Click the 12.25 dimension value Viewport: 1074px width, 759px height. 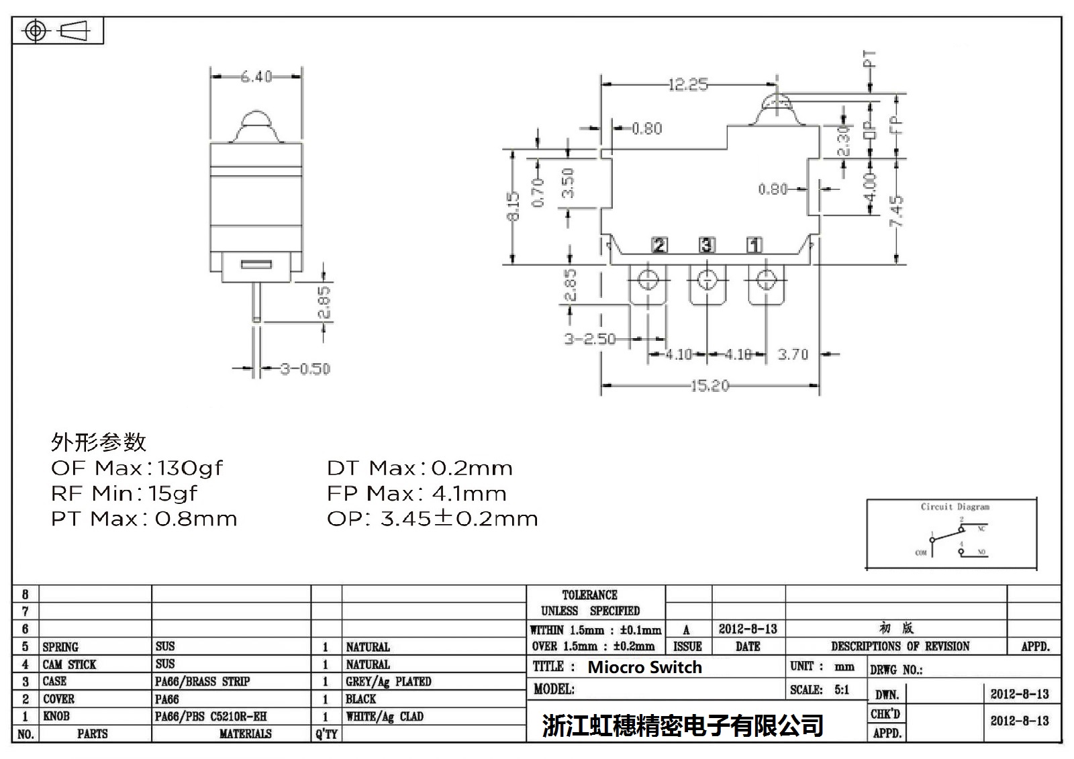click(x=688, y=85)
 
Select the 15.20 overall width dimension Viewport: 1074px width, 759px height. click(x=710, y=386)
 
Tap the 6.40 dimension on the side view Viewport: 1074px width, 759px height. click(x=256, y=77)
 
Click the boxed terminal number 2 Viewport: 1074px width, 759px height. click(x=660, y=245)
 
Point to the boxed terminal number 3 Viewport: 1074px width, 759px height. click(x=707, y=245)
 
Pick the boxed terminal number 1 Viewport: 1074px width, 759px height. click(x=754, y=245)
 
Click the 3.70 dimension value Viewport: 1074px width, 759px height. click(x=793, y=354)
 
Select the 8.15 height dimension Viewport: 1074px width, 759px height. click(x=514, y=206)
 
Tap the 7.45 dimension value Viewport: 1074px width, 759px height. click(x=897, y=211)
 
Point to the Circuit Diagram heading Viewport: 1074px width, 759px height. click(x=955, y=507)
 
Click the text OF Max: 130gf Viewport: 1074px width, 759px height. click(x=137, y=468)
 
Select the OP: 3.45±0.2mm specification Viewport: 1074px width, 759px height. click(x=432, y=519)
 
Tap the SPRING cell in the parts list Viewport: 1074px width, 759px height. click(x=60, y=647)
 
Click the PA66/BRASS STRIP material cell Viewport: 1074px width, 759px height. click(x=202, y=682)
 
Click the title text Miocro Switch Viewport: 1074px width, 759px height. click(x=644, y=667)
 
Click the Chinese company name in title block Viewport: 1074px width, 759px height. click(x=683, y=725)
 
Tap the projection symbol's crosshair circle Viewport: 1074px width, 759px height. click(x=36, y=31)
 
